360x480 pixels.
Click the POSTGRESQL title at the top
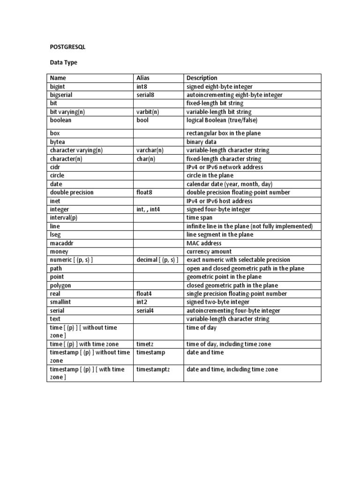pyautogui.click(x=68, y=47)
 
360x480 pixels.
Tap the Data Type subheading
pyautogui.click(x=63, y=62)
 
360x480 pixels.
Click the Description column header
pyautogui.click(x=202, y=78)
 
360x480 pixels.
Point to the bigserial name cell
pyautogui.click(x=61, y=95)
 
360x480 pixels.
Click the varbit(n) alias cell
pyautogui.click(x=148, y=112)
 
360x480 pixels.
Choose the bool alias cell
pyautogui.click(x=142, y=120)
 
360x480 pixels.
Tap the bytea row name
pyautogui.click(x=58, y=142)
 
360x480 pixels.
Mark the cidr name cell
pyautogui.click(x=55, y=167)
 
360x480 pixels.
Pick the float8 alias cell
pyautogui.click(x=145, y=192)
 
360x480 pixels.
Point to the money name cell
pyautogui.click(x=59, y=252)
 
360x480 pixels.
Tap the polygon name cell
pyautogui.click(x=60, y=285)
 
